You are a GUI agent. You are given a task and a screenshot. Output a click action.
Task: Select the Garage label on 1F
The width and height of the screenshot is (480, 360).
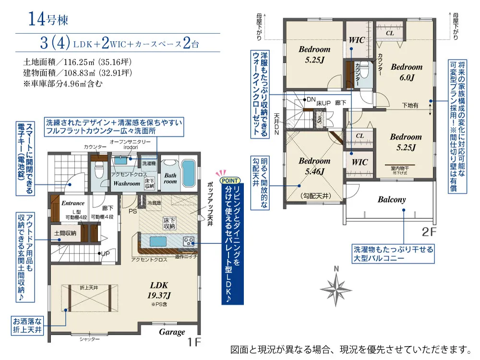point(172,332)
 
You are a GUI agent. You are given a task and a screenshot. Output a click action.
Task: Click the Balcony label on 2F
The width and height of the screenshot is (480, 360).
point(391,199)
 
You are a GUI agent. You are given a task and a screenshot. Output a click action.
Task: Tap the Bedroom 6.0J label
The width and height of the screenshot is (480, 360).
point(406,72)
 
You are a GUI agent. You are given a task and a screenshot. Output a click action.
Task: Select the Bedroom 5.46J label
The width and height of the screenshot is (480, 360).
point(314,166)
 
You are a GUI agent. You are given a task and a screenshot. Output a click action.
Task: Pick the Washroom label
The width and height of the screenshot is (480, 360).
point(127,183)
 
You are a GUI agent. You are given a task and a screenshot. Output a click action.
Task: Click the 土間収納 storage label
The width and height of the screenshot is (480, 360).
point(65,234)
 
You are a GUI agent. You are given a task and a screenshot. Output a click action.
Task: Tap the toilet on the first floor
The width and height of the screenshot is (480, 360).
point(99,169)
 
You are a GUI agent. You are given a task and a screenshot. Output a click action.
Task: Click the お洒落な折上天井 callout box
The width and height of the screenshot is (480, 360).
point(28,326)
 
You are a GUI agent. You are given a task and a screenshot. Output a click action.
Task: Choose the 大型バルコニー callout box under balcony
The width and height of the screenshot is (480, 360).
point(393,254)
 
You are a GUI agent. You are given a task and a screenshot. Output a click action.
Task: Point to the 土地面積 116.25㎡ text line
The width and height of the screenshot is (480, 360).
point(77,62)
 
